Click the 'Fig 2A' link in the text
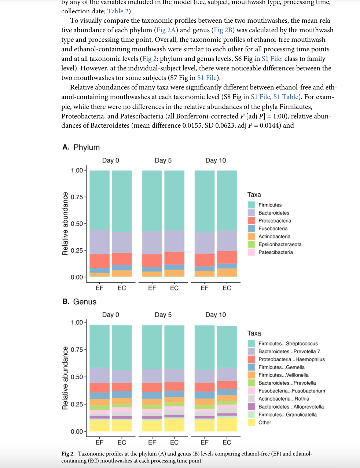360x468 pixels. click(166, 30)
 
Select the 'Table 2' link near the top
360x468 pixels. click(119, 11)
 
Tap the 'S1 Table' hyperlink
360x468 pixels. click(286, 97)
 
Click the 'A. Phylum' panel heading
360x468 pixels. click(81, 147)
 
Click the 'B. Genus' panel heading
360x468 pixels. click(80, 301)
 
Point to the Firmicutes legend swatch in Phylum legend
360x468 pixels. click(251, 205)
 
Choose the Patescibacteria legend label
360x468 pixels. click(275, 252)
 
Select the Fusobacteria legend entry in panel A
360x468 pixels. click(273, 228)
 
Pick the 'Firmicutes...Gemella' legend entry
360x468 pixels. click(281, 367)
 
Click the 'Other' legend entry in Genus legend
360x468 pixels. click(265, 423)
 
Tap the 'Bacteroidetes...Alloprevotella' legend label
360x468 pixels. click(291, 407)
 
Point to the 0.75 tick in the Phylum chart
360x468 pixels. click(77, 197)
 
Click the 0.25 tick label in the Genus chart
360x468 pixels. click(77, 404)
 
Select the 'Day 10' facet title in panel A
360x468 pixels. click(216, 160)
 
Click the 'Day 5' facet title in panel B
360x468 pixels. click(163, 315)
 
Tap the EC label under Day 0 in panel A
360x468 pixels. click(122, 288)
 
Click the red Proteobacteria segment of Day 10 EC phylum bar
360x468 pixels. click(227, 257)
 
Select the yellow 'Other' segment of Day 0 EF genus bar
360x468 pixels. click(100, 425)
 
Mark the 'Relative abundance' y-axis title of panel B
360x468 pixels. click(65, 378)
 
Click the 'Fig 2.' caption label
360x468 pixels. click(68, 454)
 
